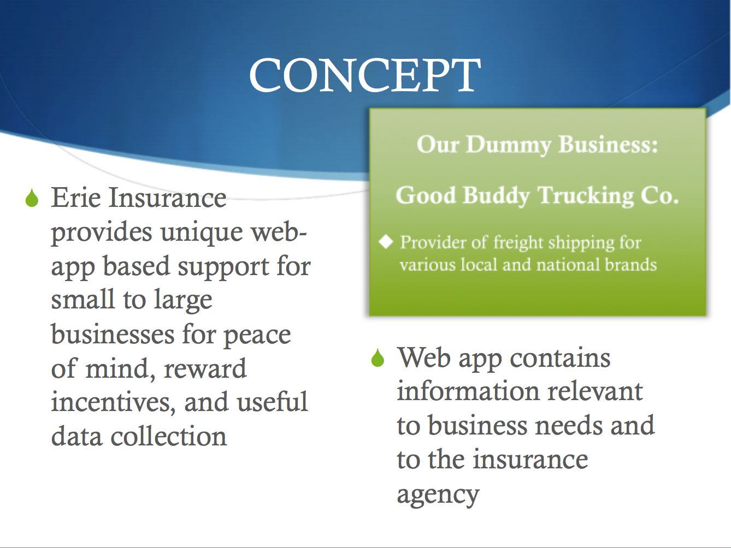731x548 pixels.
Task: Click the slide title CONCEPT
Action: coord(365,75)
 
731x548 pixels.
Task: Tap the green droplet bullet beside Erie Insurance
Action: coord(32,198)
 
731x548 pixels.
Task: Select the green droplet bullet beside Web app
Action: coord(378,358)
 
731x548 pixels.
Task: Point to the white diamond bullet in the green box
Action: coord(386,241)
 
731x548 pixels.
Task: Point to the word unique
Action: coord(201,233)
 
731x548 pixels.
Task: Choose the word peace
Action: coord(257,335)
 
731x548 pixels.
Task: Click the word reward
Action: coord(205,369)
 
